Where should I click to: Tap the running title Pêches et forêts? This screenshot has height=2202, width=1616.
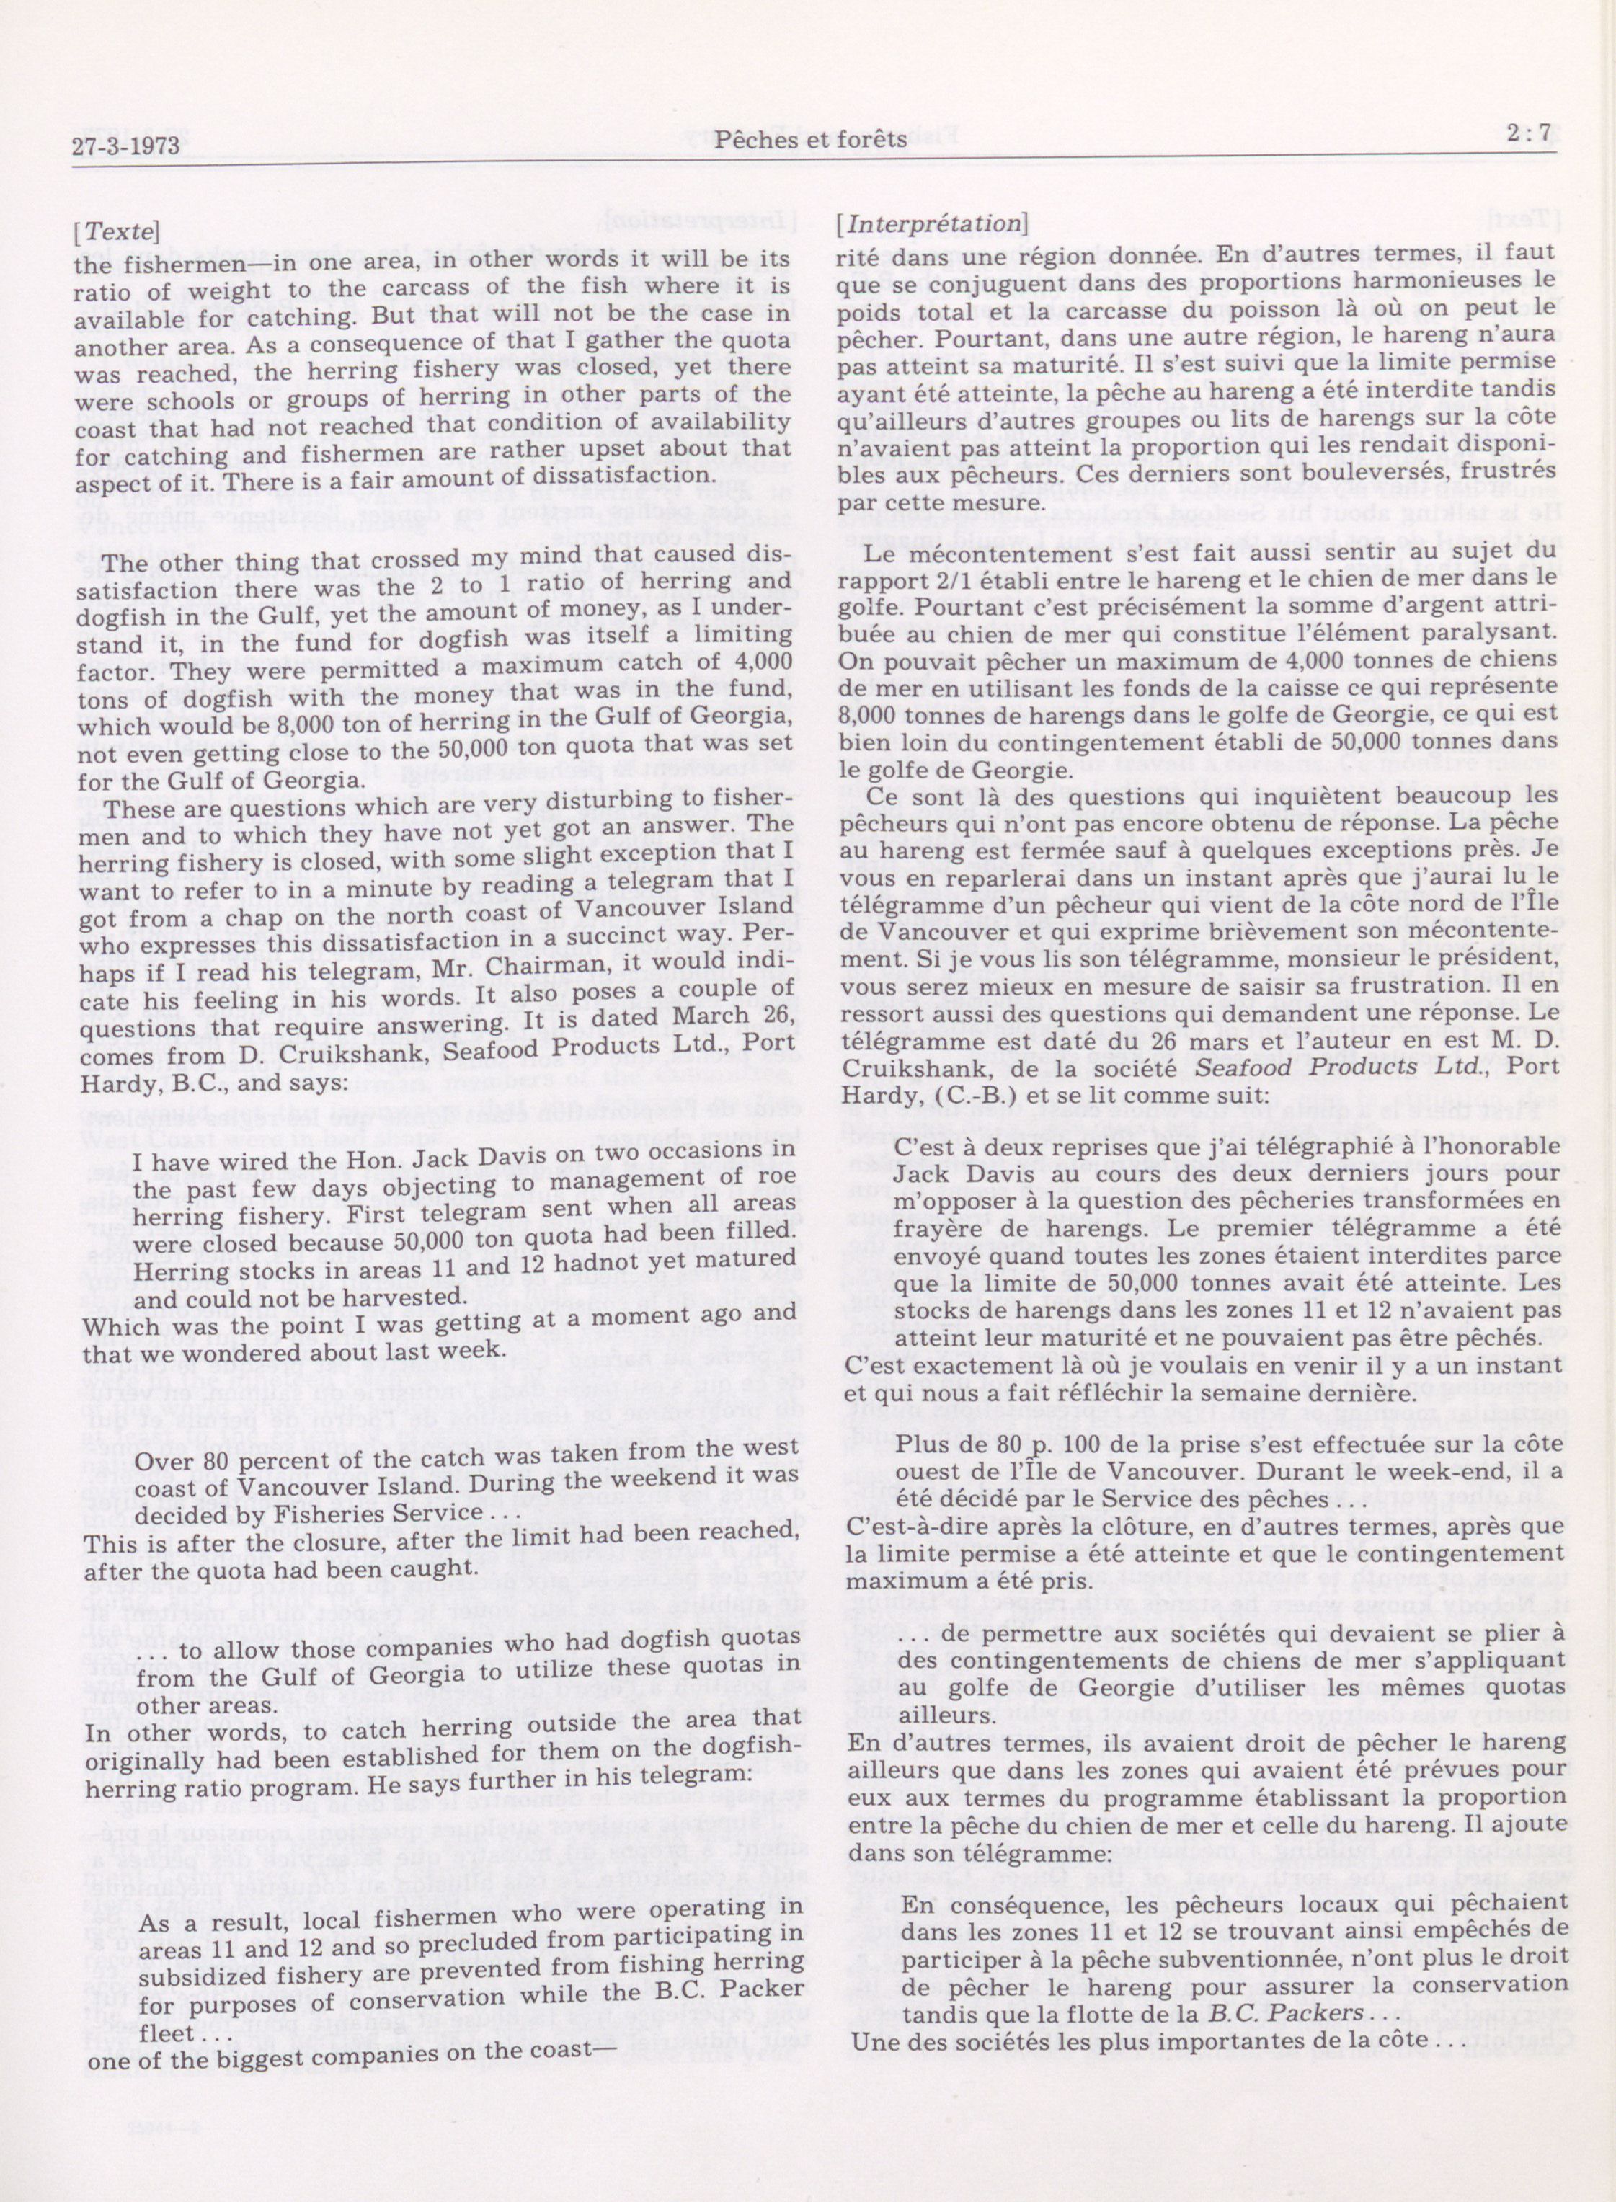pos(811,140)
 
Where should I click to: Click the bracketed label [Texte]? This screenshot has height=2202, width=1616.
pos(115,233)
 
